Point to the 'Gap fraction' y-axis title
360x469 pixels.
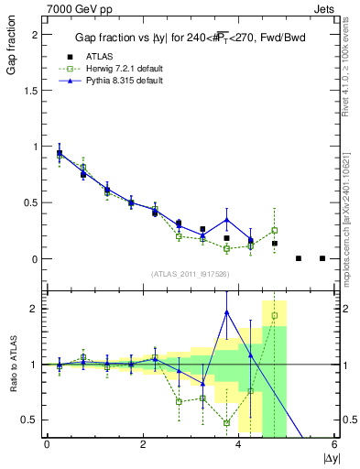(12, 54)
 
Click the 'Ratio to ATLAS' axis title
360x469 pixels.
(12, 364)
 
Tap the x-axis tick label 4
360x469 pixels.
(238, 444)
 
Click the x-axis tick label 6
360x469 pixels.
(334, 444)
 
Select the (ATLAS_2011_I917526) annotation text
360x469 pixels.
(190, 274)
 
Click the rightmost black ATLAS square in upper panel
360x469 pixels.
(322, 258)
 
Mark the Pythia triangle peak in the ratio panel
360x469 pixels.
(226, 312)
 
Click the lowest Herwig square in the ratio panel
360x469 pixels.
(226, 423)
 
